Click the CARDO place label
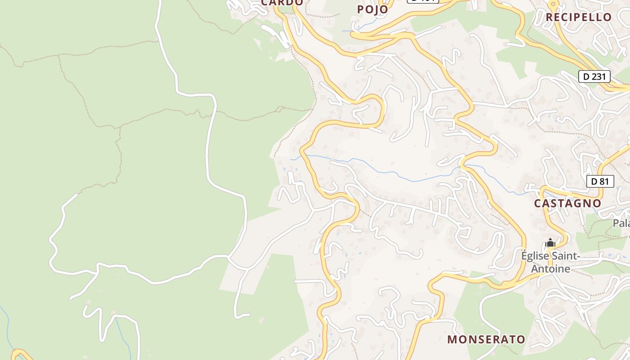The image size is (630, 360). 282,3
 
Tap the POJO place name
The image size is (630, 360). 372,9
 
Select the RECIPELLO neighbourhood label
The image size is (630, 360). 578,17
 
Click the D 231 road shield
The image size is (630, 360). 594,76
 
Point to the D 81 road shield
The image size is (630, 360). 600,181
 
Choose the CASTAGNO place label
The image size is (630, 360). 567,203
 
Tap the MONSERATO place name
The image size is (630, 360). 486,339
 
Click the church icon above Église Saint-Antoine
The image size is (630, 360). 550,243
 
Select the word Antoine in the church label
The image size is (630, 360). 551,269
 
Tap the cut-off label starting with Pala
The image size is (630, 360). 621,223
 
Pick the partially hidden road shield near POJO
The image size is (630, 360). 423,1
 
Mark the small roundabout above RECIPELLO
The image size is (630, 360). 553,4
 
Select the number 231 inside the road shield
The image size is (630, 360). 598,76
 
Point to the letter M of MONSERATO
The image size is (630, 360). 452,339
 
